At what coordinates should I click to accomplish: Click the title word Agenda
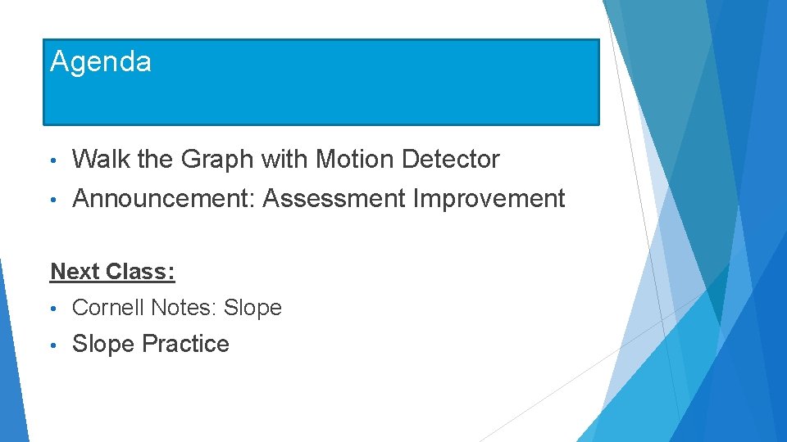pos(101,62)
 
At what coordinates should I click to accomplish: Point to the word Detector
pos(451,159)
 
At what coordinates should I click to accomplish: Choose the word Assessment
pos(334,198)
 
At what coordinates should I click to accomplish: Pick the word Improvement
pos(489,198)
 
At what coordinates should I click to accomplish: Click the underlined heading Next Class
pos(113,271)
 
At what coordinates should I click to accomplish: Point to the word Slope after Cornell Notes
pos(252,308)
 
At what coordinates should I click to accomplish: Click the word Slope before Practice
pos(104,344)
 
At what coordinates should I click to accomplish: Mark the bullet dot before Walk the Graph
pos(53,160)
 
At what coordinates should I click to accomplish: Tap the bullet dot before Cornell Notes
pos(53,309)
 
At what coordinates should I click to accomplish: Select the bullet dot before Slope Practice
pos(53,345)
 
